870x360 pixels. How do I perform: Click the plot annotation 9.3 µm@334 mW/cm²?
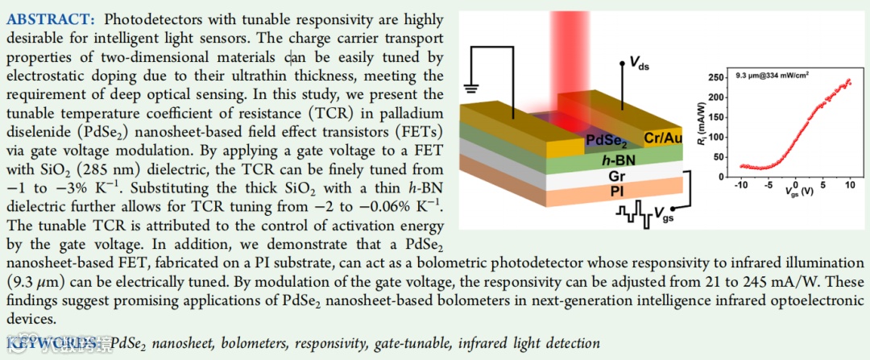click(x=771, y=78)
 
